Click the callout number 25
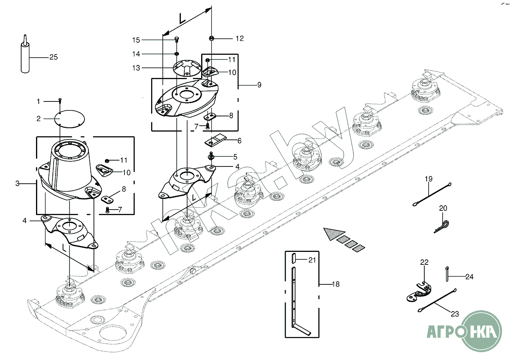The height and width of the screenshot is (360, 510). pyautogui.click(x=54, y=57)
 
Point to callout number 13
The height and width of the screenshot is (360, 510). pyautogui.click(x=136, y=68)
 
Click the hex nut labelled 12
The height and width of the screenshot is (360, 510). pyautogui.click(x=211, y=38)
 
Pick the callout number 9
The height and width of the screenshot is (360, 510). pyautogui.click(x=259, y=85)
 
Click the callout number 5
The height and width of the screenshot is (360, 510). pyautogui.click(x=235, y=157)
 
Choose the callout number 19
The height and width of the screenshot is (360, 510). pyautogui.click(x=429, y=179)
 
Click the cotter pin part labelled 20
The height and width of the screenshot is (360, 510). pyautogui.click(x=442, y=226)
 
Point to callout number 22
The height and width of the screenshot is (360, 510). pyautogui.click(x=424, y=262)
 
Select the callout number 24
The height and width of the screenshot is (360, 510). pyautogui.click(x=469, y=277)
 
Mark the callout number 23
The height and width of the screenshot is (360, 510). pyautogui.click(x=455, y=314)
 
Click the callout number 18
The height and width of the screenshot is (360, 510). pyautogui.click(x=335, y=284)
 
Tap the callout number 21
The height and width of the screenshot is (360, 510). pyautogui.click(x=312, y=259)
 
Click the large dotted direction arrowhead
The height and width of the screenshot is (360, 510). pyautogui.click(x=333, y=233)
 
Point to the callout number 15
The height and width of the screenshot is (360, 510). pyautogui.click(x=136, y=40)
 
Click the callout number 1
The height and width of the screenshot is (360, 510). pyautogui.click(x=38, y=101)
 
